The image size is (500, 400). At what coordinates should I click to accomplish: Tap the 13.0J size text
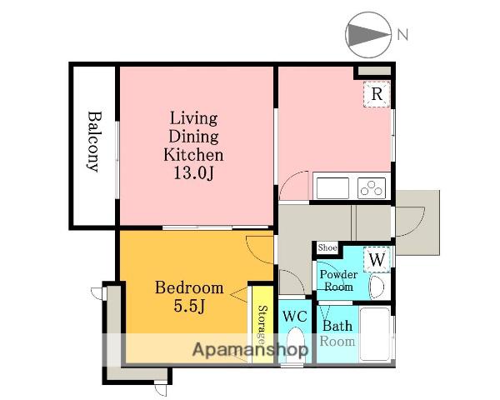pyautogui.click(x=193, y=173)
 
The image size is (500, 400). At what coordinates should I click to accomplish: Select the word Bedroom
pyautogui.click(x=189, y=288)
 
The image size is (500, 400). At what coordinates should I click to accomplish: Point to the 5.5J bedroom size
pyautogui.click(x=189, y=306)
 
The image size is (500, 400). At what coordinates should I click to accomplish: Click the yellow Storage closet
pyautogui.click(x=262, y=324)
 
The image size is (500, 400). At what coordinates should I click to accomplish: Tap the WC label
pyautogui.click(x=295, y=317)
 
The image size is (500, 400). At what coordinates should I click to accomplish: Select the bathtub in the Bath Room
pyautogui.click(x=375, y=334)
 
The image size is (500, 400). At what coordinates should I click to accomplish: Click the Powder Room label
pyautogui.click(x=338, y=280)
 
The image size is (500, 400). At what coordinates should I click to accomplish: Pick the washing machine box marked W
pyautogui.click(x=377, y=260)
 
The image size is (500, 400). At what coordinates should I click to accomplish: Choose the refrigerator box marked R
pyautogui.click(x=377, y=94)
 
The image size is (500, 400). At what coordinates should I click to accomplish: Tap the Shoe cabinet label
pyautogui.click(x=327, y=247)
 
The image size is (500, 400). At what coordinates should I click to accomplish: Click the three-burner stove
pyautogui.click(x=371, y=187)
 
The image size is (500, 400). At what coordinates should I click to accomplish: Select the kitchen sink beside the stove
pyautogui.click(x=332, y=187)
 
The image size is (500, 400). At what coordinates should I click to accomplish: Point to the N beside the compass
pyautogui.click(x=403, y=34)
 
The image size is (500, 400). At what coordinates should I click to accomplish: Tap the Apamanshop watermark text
pyautogui.click(x=250, y=350)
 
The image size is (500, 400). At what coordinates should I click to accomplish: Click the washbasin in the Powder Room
pyautogui.click(x=377, y=287)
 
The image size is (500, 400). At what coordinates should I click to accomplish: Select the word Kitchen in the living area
pyautogui.click(x=193, y=155)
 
